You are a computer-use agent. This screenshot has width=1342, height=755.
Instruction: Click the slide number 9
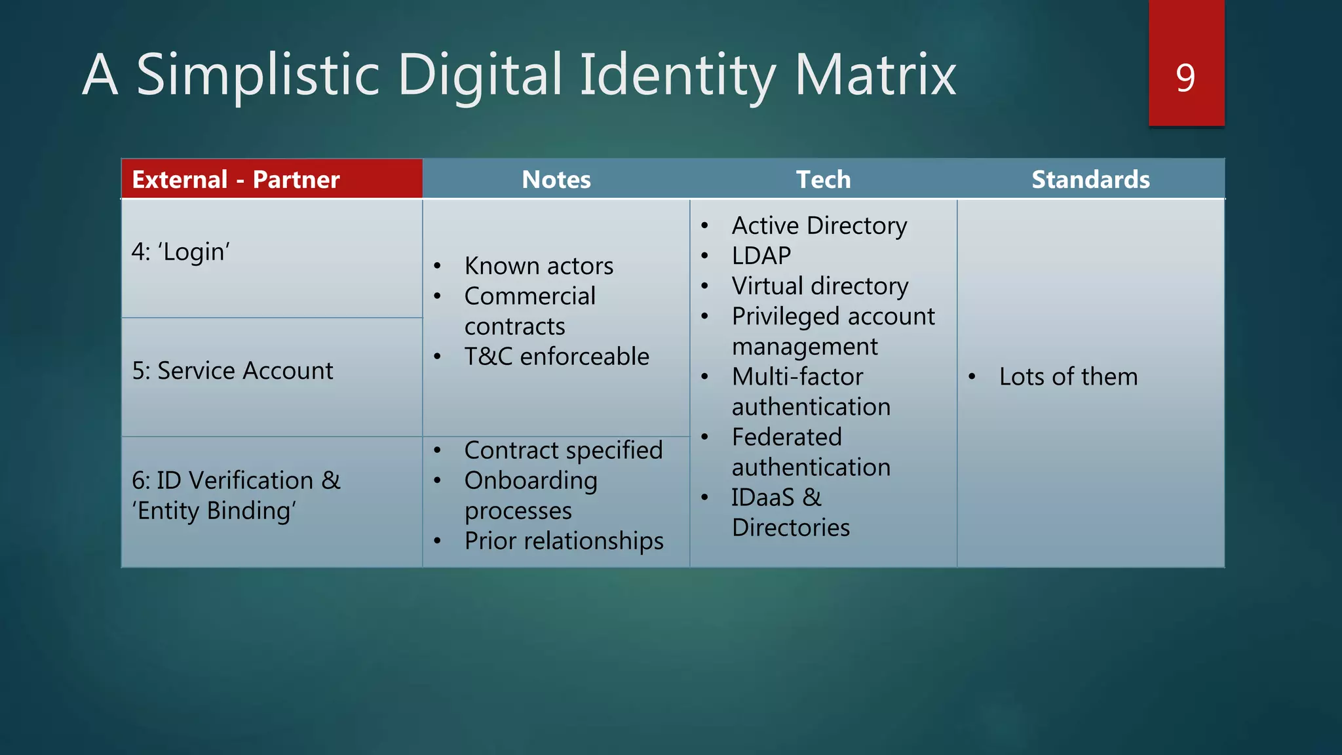1185,78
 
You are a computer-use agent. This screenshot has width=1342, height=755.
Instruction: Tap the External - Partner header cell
236,180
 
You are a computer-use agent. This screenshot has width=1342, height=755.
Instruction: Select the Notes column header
556,180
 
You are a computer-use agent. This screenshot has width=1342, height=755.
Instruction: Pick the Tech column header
823,180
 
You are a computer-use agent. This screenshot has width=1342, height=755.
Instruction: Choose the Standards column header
1090,180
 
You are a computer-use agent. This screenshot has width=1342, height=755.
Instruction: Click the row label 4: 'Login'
181,252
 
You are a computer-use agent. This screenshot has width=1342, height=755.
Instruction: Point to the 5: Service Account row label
233,371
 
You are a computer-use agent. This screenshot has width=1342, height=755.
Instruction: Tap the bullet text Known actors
539,266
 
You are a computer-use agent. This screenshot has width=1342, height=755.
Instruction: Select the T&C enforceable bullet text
557,357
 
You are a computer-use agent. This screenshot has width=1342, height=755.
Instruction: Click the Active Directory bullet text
819,225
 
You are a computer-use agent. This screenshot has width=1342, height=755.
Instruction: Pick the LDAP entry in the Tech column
761,256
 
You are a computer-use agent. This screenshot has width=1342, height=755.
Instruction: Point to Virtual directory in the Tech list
820,286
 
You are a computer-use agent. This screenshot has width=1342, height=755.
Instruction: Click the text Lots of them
1068,377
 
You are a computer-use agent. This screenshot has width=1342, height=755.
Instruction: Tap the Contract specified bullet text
564,450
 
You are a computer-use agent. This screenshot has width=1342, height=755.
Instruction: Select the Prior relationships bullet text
564,541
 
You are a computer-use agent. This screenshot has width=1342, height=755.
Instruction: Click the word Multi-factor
797,377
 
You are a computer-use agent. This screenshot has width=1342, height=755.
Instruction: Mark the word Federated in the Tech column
786,437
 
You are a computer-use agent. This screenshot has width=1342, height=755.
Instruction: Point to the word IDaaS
763,497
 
